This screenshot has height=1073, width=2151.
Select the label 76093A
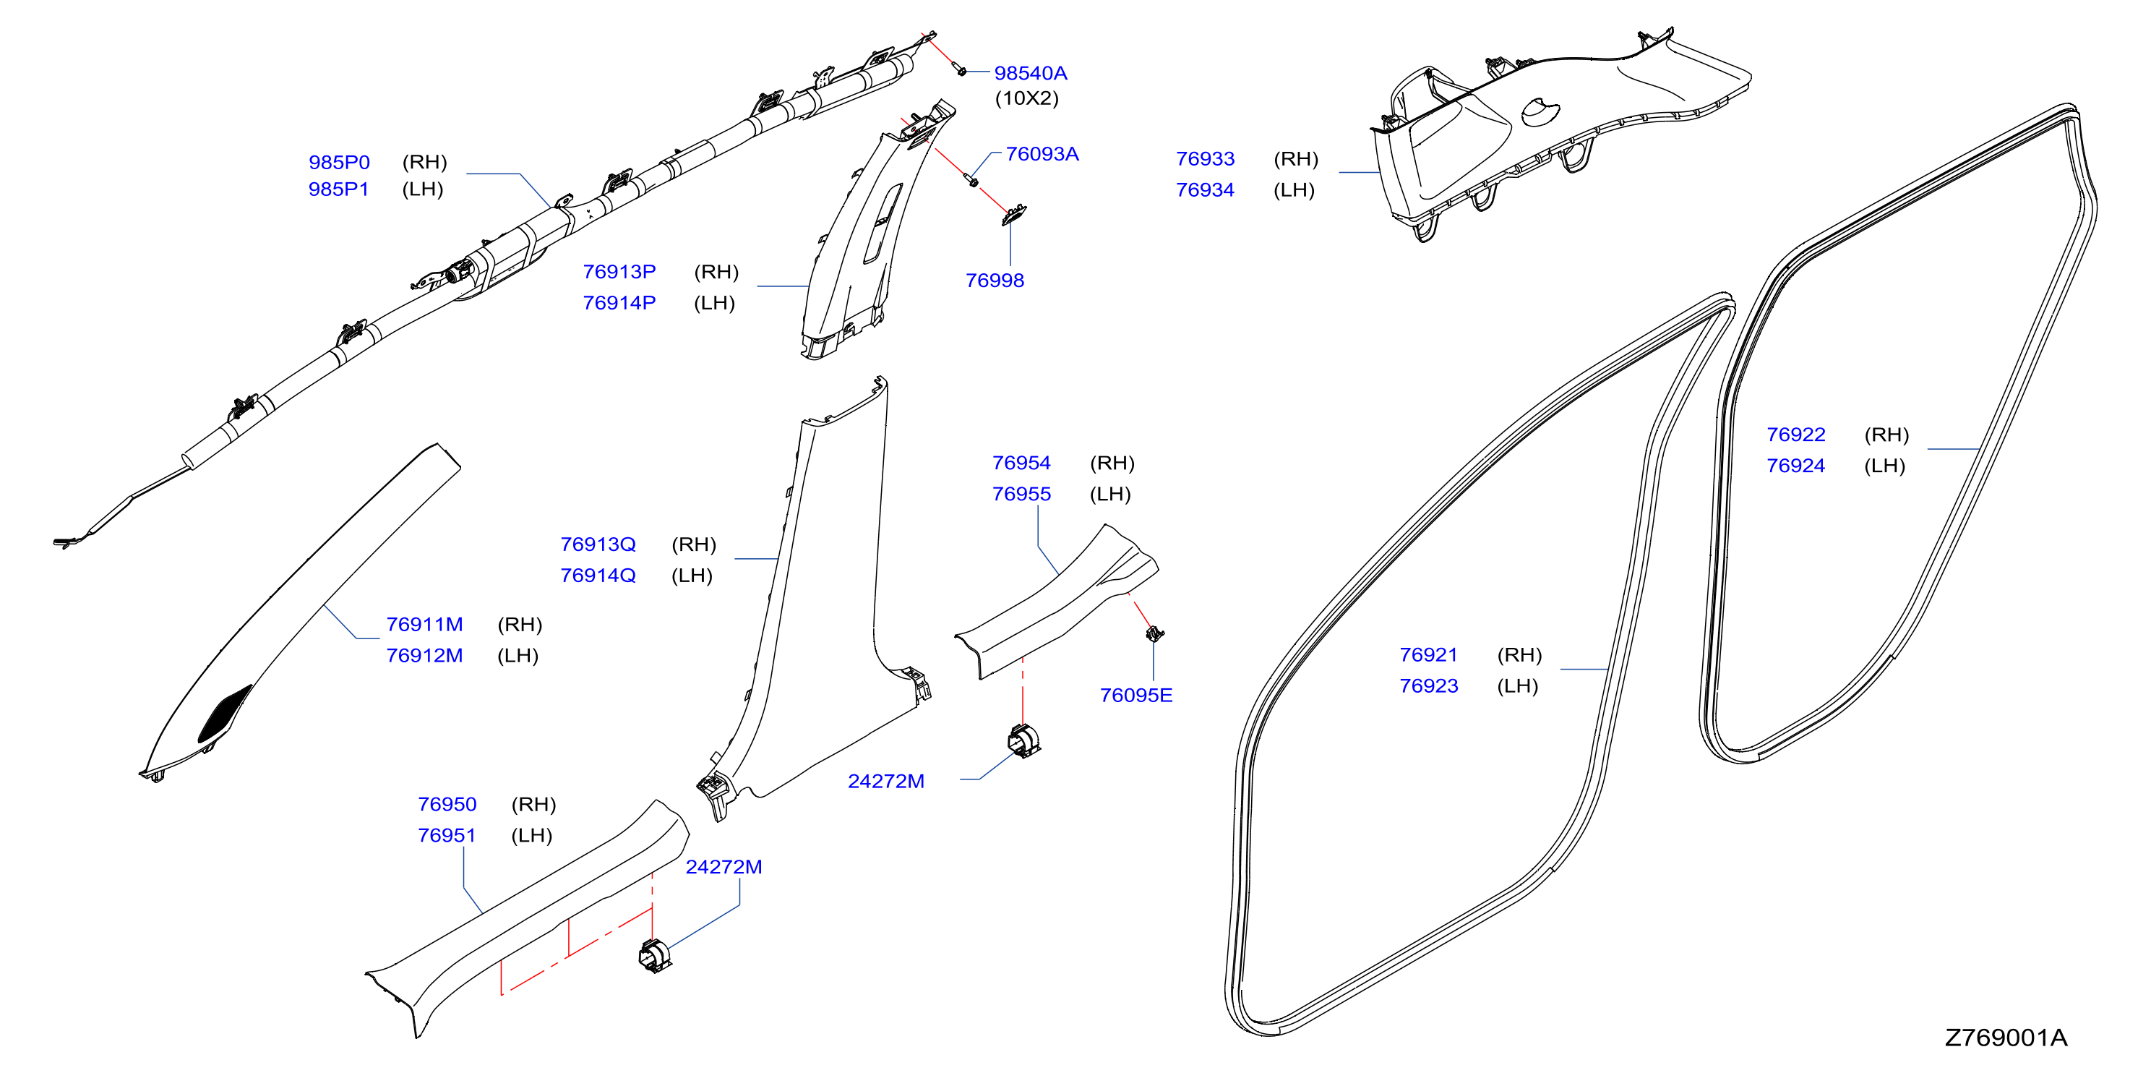click(1042, 155)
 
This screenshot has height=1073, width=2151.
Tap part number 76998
click(995, 281)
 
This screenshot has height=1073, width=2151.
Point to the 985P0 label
click(339, 162)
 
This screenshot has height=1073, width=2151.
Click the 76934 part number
click(1205, 190)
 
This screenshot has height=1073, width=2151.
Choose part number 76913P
click(619, 272)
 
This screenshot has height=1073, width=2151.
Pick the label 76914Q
click(598, 576)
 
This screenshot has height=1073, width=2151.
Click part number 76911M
click(424, 625)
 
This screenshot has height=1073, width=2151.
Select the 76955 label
click(1021, 495)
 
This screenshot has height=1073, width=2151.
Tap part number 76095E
click(1135, 696)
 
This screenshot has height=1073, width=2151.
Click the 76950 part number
click(447, 805)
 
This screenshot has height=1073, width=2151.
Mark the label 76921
click(1429, 656)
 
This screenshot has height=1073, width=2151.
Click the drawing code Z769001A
click(2006, 1038)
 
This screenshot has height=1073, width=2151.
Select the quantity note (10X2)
click(1026, 98)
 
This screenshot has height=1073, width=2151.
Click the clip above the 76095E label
click(1155, 634)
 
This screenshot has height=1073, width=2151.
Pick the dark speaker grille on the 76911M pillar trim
click(225, 714)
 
